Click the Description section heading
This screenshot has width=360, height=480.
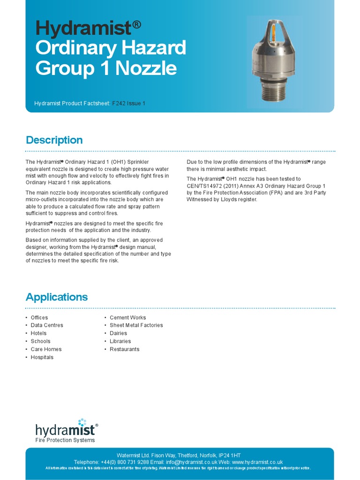tap(54, 140)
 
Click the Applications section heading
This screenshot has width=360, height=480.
tap(57, 297)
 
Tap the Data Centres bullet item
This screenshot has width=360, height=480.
tap(47, 325)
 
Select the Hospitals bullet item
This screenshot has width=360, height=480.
tap(42, 357)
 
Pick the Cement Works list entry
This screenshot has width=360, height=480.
tap(127, 317)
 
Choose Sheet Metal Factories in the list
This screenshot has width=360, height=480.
tap(136, 325)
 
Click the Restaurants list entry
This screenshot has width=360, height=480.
tap(124, 349)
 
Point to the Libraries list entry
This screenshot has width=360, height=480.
tap(120, 341)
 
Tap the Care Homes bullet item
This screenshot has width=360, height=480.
tap(46, 349)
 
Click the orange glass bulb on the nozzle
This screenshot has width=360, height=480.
tap(274, 31)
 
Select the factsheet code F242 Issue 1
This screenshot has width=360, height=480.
tap(129, 103)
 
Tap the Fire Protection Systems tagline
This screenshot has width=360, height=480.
tap(65, 440)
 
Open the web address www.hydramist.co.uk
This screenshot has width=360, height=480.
tap(257, 462)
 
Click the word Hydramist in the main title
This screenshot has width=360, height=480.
tap(83, 30)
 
